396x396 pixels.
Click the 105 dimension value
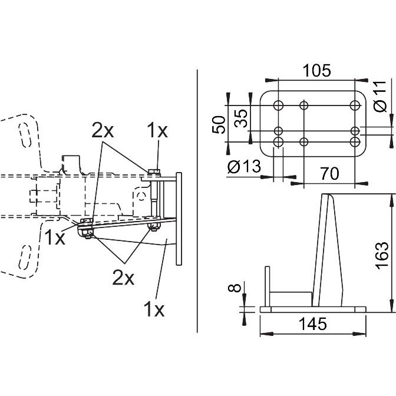tap(316, 71)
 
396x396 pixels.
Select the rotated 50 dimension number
tap(219, 124)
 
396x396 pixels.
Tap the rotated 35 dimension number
tap(240, 118)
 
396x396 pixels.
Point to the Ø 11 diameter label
tap(380, 97)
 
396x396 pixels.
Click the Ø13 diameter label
tap(244, 167)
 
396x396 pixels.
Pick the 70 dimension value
tap(330, 173)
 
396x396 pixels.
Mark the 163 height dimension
tap(382, 256)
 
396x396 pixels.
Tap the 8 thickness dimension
tap(235, 288)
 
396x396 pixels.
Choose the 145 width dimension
tap(313, 324)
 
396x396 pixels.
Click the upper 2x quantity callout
tap(103, 130)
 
